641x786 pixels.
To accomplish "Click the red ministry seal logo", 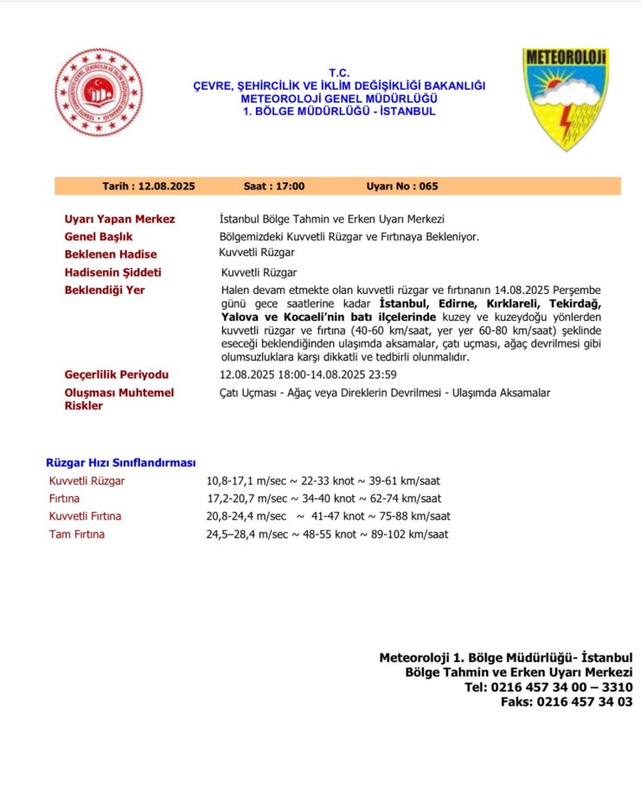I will click(99, 93).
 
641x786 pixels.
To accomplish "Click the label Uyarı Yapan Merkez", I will click(119, 219).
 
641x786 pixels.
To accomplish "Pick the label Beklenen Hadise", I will click(111, 254).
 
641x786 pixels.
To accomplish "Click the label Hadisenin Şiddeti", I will click(112, 272).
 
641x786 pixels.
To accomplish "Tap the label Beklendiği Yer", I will click(105, 290).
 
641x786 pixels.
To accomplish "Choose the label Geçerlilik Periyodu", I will click(117, 374).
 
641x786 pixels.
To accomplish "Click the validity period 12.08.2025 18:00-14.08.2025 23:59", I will click(308, 374).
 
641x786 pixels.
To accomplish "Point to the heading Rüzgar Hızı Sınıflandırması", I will click(121, 463).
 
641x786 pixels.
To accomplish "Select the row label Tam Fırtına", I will click(76, 534).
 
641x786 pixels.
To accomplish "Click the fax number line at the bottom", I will click(567, 702).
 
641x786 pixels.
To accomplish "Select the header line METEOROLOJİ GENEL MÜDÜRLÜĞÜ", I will click(338, 99).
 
